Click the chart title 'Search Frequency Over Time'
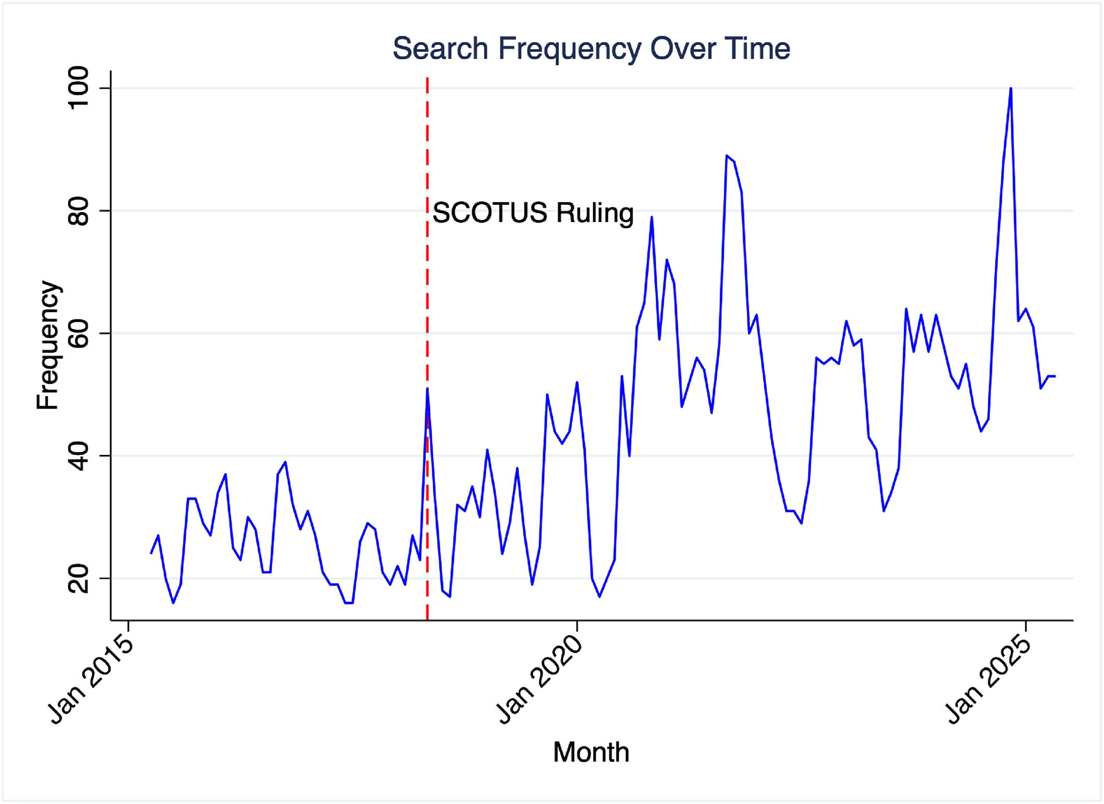point(591,49)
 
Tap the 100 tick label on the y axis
point(79,88)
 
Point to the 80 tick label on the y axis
point(79,211)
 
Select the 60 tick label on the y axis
point(79,333)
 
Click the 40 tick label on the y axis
point(79,455)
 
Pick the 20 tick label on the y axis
point(79,578)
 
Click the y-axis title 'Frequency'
point(48,345)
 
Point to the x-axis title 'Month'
point(591,752)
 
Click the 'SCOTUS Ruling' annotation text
point(533,213)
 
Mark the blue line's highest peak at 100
point(1011,89)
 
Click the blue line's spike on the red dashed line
point(427,389)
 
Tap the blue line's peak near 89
point(727,156)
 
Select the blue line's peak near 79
point(652,217)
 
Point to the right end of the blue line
point(1055,376)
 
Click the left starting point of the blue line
point(151,553)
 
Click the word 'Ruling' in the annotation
point(595,213)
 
